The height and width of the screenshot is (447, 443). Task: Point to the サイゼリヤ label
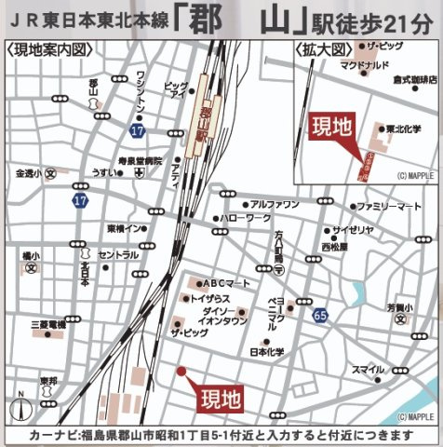354,229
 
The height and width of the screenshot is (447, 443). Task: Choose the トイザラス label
210,298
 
